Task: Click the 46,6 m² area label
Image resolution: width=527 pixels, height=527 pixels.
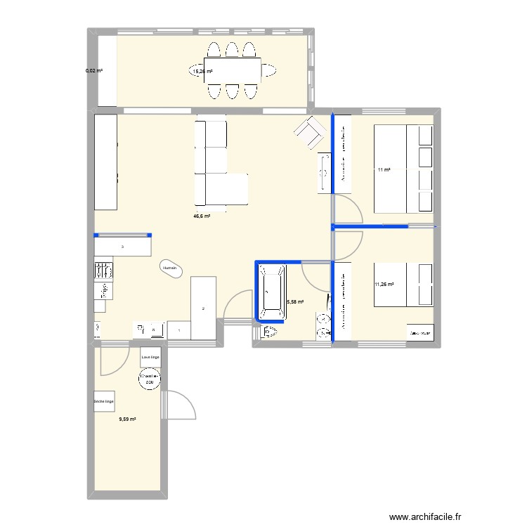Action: click(202, 216)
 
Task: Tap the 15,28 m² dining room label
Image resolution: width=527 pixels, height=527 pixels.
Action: click(203, 71)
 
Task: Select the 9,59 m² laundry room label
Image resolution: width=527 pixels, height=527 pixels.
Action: click(127, 419)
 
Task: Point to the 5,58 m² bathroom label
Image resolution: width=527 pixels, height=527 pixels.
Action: click(295, 302)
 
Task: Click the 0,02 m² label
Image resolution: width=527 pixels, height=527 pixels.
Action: click(94, 71)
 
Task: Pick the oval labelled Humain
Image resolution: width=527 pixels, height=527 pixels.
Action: click(170, 268)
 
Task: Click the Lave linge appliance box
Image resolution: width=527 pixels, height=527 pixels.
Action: click(150, 358)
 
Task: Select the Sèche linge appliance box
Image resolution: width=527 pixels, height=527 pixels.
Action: click(104, 401)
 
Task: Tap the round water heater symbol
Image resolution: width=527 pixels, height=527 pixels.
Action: click(150, 379)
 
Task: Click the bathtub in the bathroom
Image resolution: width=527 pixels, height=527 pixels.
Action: click(271, 291)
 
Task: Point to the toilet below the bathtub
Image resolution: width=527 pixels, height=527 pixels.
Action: click(269, 332)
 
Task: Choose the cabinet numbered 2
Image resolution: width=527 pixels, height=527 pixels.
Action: click(203, 308)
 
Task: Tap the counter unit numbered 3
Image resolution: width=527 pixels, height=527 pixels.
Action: click(123, 247)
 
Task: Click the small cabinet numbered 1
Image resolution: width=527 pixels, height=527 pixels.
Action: click(178, 330)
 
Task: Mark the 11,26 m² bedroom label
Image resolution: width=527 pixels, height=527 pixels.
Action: click(384, 285)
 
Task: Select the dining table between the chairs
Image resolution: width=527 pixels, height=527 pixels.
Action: click(233, 70)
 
